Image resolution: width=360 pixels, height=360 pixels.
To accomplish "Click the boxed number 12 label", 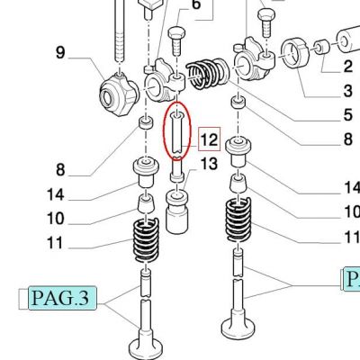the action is [209, 139].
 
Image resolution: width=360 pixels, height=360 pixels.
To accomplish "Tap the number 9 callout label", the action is [60, 52].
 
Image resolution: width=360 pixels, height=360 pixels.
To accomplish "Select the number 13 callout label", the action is [209, 164].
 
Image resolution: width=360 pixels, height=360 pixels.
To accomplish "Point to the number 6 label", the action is [195, 4].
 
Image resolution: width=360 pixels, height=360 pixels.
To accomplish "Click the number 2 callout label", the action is [348, 67].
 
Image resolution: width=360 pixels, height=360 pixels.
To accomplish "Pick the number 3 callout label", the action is [348, 91].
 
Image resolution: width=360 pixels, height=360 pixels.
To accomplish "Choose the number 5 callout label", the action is [348, 115].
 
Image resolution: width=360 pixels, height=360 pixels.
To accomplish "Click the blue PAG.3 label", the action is [62, 298].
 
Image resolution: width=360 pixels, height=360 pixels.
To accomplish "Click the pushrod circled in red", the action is [176, 133].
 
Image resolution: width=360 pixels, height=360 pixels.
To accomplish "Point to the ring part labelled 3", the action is [295, 54].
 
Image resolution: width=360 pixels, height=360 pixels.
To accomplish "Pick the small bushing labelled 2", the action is [322, 47].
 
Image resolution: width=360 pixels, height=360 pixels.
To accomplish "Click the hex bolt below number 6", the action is [177, 41].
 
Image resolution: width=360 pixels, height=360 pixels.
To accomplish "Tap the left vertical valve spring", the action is [146, 240].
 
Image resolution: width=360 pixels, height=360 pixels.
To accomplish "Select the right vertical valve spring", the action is [238, 220].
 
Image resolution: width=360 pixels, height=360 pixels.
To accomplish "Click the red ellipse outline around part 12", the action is [163, 132].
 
